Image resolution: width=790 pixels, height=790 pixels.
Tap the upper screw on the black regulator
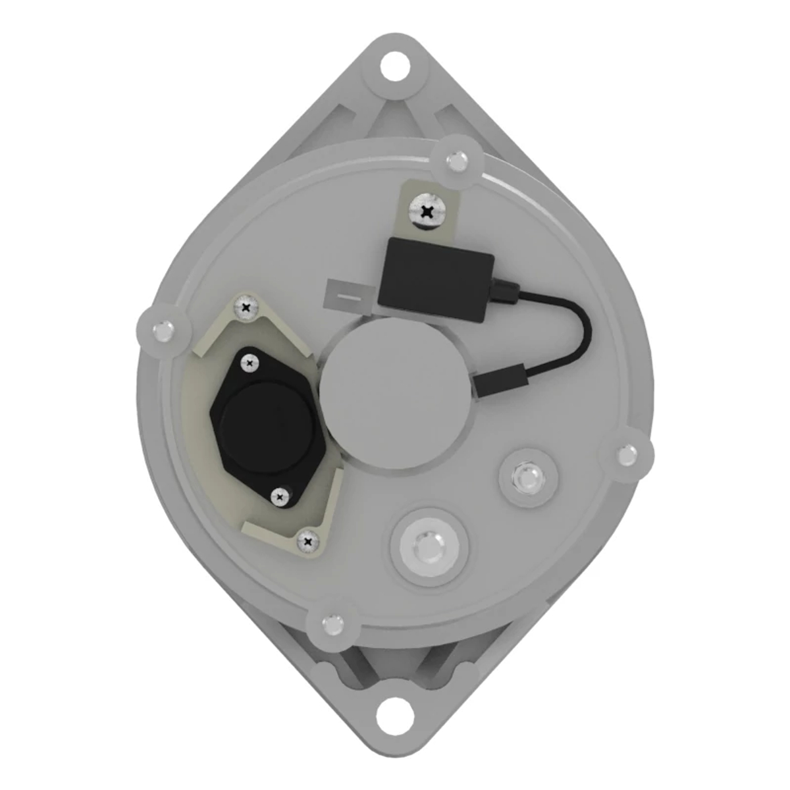(249, 361)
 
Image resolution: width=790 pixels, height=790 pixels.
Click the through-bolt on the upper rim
(456, 160)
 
